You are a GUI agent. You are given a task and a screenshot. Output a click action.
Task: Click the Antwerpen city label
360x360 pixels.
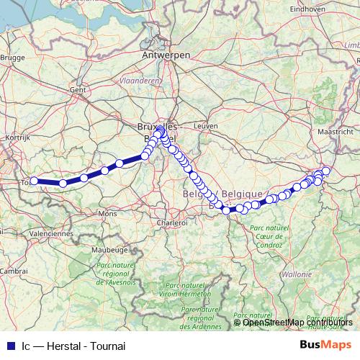166,55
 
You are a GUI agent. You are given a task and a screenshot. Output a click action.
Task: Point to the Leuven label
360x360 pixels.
205,125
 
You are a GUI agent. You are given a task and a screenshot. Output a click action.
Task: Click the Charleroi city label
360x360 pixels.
173,223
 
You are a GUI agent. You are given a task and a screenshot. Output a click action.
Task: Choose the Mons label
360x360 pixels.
107,214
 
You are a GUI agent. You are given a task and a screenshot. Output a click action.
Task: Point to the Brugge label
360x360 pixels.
13,56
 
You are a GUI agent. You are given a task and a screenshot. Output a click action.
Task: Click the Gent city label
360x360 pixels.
78,90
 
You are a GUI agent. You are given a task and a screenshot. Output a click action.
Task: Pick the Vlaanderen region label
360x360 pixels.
140,81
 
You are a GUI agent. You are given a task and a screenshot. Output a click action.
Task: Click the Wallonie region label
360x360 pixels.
297,274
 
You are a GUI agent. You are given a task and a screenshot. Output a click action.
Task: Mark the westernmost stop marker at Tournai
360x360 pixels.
34,181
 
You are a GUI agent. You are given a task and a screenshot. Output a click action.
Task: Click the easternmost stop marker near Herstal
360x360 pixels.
326,171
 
